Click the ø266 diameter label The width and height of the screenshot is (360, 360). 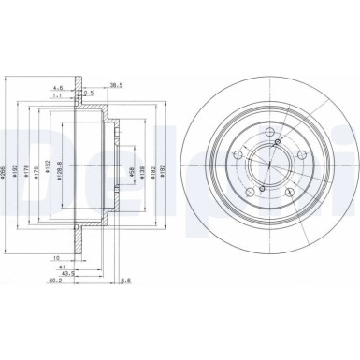(x=7, y=166)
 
